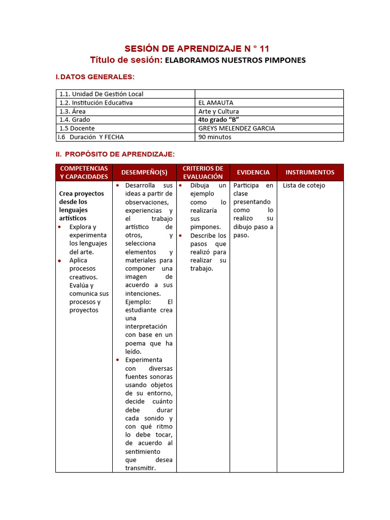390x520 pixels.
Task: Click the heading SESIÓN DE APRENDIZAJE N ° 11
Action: [197, 49]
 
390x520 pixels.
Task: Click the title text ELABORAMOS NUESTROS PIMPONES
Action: [235, 60]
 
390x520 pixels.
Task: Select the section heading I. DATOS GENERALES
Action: [95, 77]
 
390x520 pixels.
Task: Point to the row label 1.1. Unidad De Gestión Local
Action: [102, 94]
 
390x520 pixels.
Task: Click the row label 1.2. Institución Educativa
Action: [96, 103]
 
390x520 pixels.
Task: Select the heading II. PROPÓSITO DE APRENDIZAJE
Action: [115, 154]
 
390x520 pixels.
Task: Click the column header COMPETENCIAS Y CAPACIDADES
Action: [84, 173]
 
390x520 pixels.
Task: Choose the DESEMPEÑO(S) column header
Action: [144, 173]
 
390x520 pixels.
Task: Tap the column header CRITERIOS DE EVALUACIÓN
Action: [203, 173]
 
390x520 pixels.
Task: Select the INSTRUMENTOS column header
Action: [310, 173]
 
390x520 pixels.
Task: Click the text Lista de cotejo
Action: [304, 186]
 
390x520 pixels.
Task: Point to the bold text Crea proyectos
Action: [81, 194]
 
